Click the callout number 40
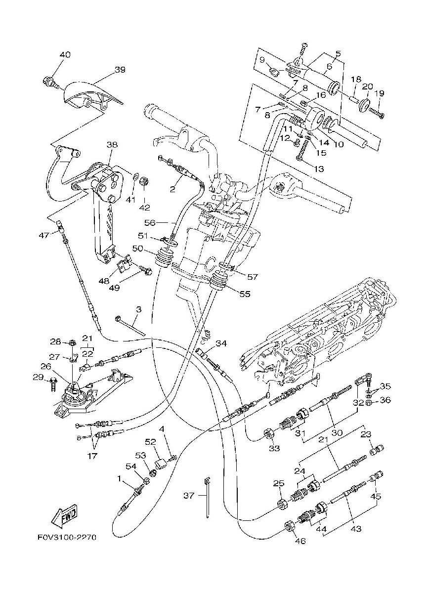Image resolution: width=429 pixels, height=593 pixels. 65,55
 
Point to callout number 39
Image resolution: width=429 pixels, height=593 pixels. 120,70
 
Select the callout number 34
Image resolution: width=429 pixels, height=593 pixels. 221,343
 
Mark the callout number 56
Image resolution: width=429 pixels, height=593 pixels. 150,223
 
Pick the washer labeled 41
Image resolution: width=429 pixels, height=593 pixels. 135,177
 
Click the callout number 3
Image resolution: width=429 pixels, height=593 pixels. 139,309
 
